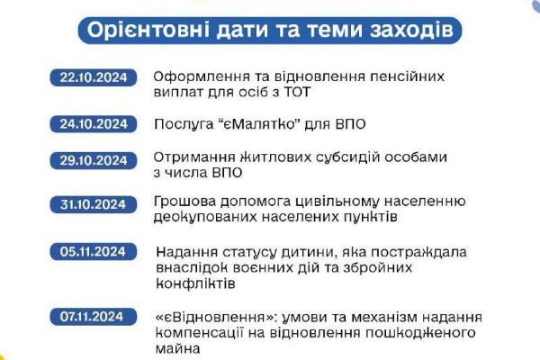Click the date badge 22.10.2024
point(94,77)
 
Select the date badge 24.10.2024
point(94,124)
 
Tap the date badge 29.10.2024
point(94,160)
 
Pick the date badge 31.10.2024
point(94,204)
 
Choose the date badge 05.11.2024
point(94,251)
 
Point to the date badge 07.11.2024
point(94,317)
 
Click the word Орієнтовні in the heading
point(148,30)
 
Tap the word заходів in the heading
point(411,30)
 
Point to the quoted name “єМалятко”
point(257,124)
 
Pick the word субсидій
point(347,157)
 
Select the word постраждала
point(418,253)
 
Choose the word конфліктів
point(195,283)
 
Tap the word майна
point(177,348)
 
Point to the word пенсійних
point(407,76)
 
